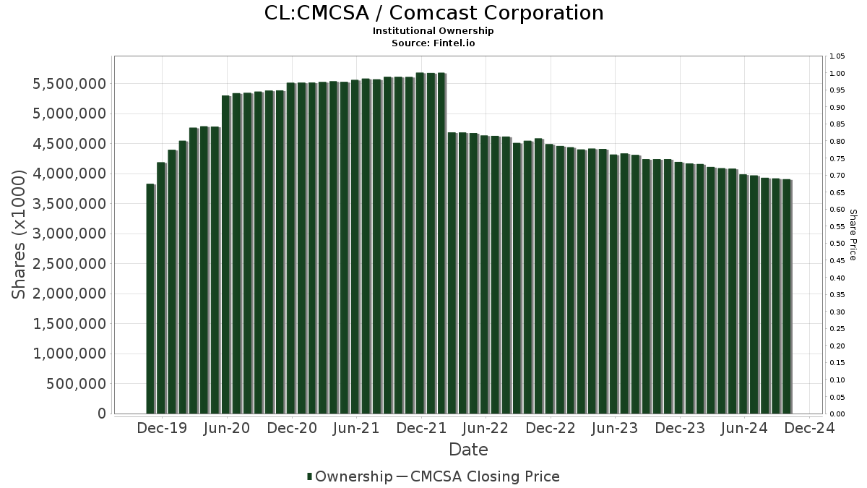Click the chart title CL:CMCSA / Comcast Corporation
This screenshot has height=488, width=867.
[433, 13]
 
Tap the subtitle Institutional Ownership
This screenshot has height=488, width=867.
[433, 31]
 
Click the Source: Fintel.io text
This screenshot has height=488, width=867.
[433, 43]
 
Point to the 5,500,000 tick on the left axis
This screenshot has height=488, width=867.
[68, 84]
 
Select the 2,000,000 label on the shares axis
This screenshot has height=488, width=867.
[68, 294]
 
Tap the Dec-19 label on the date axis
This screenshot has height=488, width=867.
[163, 428]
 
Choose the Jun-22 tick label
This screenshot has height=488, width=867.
[486, 428]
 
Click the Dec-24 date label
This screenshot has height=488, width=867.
[809, 428]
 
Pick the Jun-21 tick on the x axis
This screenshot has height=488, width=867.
[356, 428]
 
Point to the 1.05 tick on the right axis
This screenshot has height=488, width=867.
[837, 56]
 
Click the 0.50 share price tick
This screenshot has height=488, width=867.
[837, 244]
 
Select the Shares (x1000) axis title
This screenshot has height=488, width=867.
[20, 234]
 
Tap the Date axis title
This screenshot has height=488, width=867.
[468, 450]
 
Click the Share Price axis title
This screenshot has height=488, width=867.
[853, 234]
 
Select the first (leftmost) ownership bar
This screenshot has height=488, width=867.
[150, 299]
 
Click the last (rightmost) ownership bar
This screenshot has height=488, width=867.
[787, 296]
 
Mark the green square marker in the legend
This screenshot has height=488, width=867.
[310, 476]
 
